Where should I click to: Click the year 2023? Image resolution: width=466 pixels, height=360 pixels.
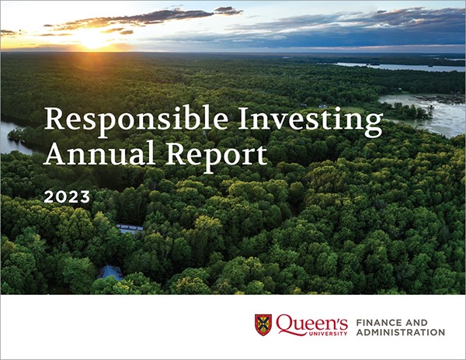[x=67, y=197]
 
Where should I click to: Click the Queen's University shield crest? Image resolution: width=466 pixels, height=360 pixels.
[x=263, y=324]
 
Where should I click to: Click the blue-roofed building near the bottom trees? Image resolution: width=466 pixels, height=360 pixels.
[x=110, y=272]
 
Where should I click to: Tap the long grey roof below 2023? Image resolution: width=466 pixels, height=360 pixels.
[x=130, y=229]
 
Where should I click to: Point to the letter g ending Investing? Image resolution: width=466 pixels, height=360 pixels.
[x=373, y=126]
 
